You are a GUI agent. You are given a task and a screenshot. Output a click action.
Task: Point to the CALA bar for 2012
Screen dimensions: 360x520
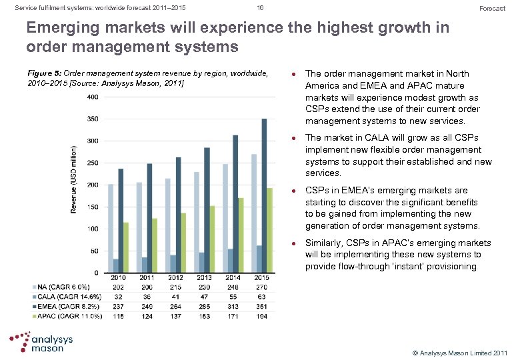(x=173, y=263)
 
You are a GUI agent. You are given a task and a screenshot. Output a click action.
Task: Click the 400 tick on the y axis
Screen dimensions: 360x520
(x=93, y=97)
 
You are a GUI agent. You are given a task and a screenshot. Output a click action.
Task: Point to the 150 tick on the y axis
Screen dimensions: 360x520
(x=93, y=207)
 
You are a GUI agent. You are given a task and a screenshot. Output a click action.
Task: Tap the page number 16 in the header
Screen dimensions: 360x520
(x=260, y=8)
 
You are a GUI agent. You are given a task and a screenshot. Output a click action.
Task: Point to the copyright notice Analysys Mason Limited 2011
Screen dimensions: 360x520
(x=460, y=351)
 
